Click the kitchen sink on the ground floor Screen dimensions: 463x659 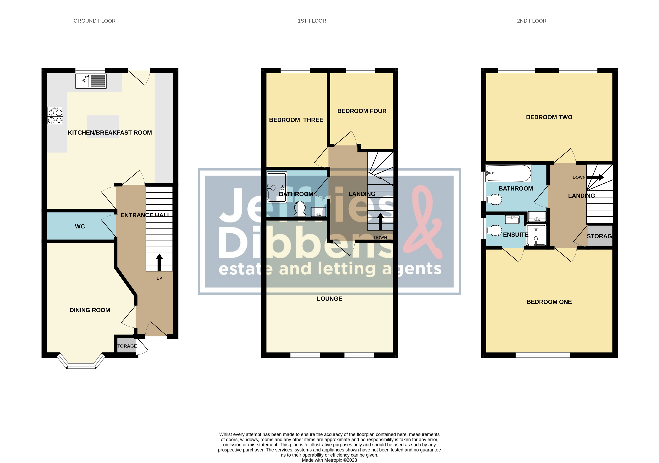[x=91, y=81]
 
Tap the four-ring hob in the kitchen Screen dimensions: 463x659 [x=55, y=116]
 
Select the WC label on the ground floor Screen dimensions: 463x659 [x=80, y=227]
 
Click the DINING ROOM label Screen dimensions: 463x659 [x=90, y=310]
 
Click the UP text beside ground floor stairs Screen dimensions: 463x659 [x=159, y=278]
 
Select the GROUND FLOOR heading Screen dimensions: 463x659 [x=95, y=21]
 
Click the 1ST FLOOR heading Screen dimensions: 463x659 [x=312, y=21]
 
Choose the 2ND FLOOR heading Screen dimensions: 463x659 [x=532, y=21]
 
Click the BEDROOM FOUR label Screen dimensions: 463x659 [x=362, y=111]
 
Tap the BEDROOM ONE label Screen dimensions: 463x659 [x=549, y=302]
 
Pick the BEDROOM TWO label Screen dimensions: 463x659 [x=549, y=117]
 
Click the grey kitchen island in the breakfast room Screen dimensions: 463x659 [x=103, y=126]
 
